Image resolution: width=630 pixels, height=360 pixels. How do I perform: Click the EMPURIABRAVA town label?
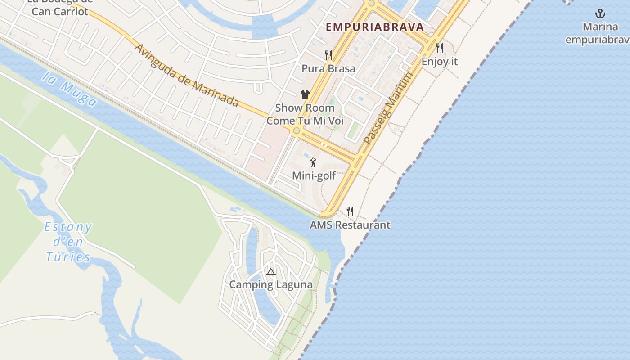[375, 27]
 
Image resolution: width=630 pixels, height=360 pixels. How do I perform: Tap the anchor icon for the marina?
[600, 13]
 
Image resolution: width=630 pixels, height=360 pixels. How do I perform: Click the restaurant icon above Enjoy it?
[440, 48]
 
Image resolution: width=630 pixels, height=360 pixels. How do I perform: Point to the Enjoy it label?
[440, 62]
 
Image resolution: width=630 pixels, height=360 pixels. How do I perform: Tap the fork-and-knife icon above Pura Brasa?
[328, 55]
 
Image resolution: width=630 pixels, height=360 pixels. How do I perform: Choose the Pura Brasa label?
[328, 69]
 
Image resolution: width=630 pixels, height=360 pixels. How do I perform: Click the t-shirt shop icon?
[305, 94]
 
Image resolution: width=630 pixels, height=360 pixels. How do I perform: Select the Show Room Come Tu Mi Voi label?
[305, 114]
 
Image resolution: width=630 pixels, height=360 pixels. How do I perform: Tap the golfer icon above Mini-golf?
[314, 162]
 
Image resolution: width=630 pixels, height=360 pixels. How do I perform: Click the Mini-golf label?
[314, 175]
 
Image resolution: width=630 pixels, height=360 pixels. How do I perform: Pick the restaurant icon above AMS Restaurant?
[350, 211]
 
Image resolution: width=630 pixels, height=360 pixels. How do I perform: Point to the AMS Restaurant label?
[350, 225]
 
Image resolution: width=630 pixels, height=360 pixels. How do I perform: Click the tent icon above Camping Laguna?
[270, 272]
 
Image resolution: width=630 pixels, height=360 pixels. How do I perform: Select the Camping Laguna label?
[271, 285]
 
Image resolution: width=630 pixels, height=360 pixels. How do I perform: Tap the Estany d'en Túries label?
[68, 242]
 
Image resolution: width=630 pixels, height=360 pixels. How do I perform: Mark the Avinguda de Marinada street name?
[187, 75]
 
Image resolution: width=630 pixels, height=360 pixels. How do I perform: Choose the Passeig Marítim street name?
[387, 108]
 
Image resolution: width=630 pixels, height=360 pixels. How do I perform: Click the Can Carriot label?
[60, 11]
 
